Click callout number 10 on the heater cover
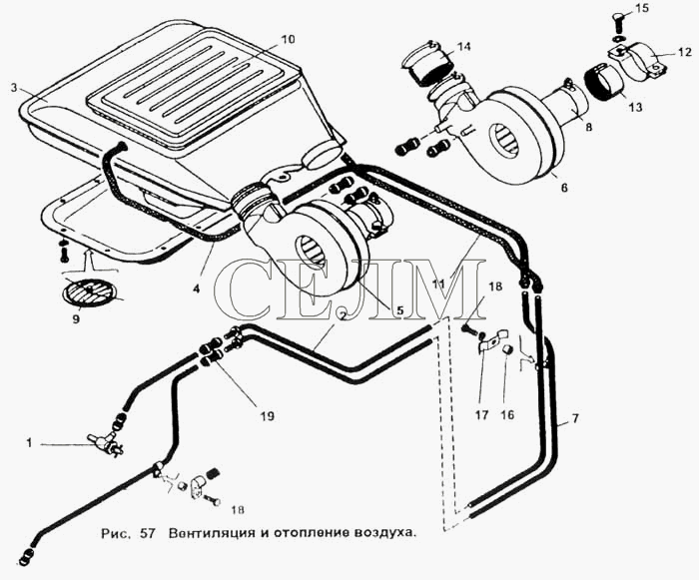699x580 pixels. click(288, 39)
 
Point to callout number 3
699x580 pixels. click(14, 88)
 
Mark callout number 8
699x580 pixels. click(589, 127)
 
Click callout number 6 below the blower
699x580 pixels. click(564, 188)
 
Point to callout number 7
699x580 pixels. click(575, 418)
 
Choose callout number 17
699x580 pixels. click(482, 415)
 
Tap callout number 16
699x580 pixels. click(507, 415)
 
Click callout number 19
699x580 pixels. click(267, 416)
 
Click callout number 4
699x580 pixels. click(196, 289)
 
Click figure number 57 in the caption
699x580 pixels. click(147, 533)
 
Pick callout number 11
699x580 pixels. click(438, 284)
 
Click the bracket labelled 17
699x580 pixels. click(491, 340)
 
